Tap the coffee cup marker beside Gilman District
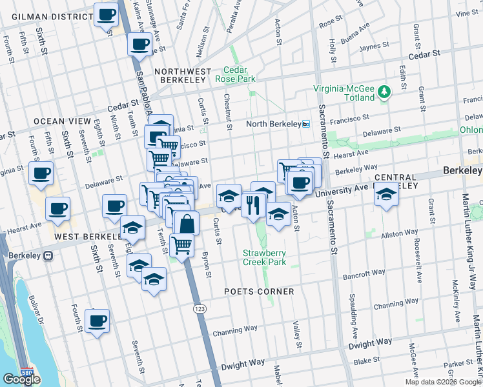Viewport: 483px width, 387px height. click(106, 14)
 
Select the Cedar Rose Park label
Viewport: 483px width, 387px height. click(240, 75)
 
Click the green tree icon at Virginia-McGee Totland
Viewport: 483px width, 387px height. click(385, 92)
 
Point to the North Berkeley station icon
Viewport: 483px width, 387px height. click(306, 124)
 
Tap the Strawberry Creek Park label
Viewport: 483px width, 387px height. click(264, 257)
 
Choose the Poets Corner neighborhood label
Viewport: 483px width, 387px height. click(259, 292)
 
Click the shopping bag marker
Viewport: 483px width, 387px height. click(186, 224)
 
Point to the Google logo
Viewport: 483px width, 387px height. click(21, 379)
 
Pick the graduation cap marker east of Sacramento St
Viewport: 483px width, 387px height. click(386, 193)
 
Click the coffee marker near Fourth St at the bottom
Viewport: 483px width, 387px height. click(97, 321)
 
